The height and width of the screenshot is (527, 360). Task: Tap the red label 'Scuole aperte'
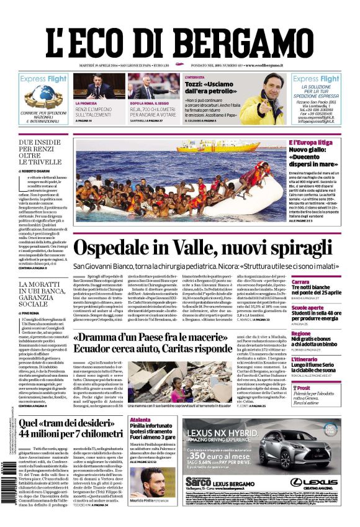pos(308,308)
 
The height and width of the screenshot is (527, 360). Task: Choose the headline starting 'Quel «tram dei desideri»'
pos(70,431)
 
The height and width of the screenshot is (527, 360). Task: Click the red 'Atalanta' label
pos(141,420)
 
